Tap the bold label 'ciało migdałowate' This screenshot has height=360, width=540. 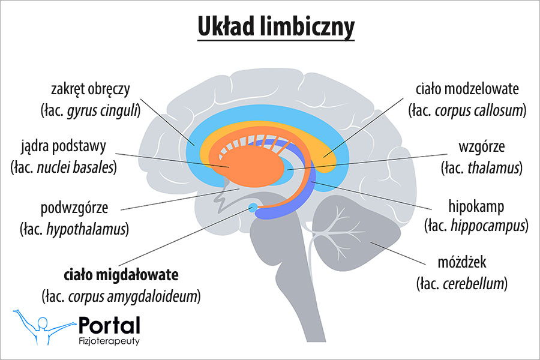[x=122, y=275]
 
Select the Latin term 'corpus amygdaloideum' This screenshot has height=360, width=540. [x=133, y=296]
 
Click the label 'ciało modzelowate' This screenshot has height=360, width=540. [x=467, y=90]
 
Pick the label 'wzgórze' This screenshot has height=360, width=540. [x=481, y=146]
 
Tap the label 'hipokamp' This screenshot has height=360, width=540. [x=476, y=206]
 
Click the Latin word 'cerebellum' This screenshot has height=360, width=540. [x=472, y=283]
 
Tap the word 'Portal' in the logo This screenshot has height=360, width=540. [x=110, y=326]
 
